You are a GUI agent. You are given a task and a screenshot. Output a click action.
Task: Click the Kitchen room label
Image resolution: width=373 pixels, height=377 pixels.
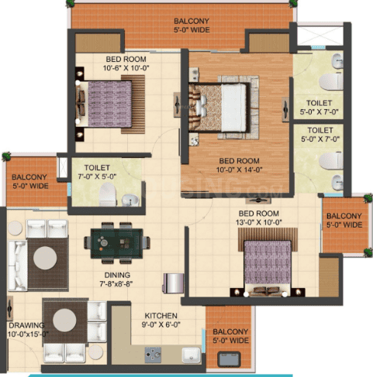161,320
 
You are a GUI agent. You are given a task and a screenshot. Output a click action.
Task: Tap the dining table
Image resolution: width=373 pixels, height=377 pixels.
117,243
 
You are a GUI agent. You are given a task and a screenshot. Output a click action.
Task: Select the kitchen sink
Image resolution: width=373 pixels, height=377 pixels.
191,355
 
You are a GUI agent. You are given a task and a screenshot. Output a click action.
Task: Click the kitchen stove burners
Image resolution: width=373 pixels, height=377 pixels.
153,355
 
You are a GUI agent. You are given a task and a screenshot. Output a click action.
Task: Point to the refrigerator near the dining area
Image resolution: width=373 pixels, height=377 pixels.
174,283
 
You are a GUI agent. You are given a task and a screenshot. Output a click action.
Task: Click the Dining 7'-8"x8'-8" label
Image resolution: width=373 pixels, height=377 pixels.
117,279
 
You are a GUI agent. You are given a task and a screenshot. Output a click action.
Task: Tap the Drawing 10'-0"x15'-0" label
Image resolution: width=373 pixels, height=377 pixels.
28,330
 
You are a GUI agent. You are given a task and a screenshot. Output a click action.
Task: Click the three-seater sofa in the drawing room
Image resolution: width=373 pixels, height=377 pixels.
18,266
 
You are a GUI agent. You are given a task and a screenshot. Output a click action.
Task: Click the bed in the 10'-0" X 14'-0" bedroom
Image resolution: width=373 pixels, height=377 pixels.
219,108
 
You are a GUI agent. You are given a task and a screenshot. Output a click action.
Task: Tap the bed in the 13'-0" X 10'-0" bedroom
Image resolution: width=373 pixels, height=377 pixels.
268,267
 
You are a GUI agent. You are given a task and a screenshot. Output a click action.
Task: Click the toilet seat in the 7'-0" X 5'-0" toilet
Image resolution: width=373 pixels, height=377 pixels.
108,194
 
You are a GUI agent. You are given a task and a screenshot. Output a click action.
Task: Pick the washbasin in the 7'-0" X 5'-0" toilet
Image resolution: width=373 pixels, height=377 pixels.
130,200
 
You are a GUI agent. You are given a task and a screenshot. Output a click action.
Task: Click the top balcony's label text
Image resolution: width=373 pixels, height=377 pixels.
192,26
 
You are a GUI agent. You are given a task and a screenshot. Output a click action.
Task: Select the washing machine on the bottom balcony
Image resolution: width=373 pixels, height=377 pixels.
229,359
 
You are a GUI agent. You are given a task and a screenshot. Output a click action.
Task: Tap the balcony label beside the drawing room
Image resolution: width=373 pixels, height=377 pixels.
30,181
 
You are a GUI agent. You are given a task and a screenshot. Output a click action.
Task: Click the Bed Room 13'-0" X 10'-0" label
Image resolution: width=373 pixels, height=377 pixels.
258,218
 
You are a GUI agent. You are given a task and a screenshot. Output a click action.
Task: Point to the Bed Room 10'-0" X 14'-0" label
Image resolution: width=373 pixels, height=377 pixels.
239,165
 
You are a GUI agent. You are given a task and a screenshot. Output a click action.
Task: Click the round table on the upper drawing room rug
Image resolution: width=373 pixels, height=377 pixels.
45,258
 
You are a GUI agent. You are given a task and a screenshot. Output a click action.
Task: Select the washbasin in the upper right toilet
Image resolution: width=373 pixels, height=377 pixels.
337,61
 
